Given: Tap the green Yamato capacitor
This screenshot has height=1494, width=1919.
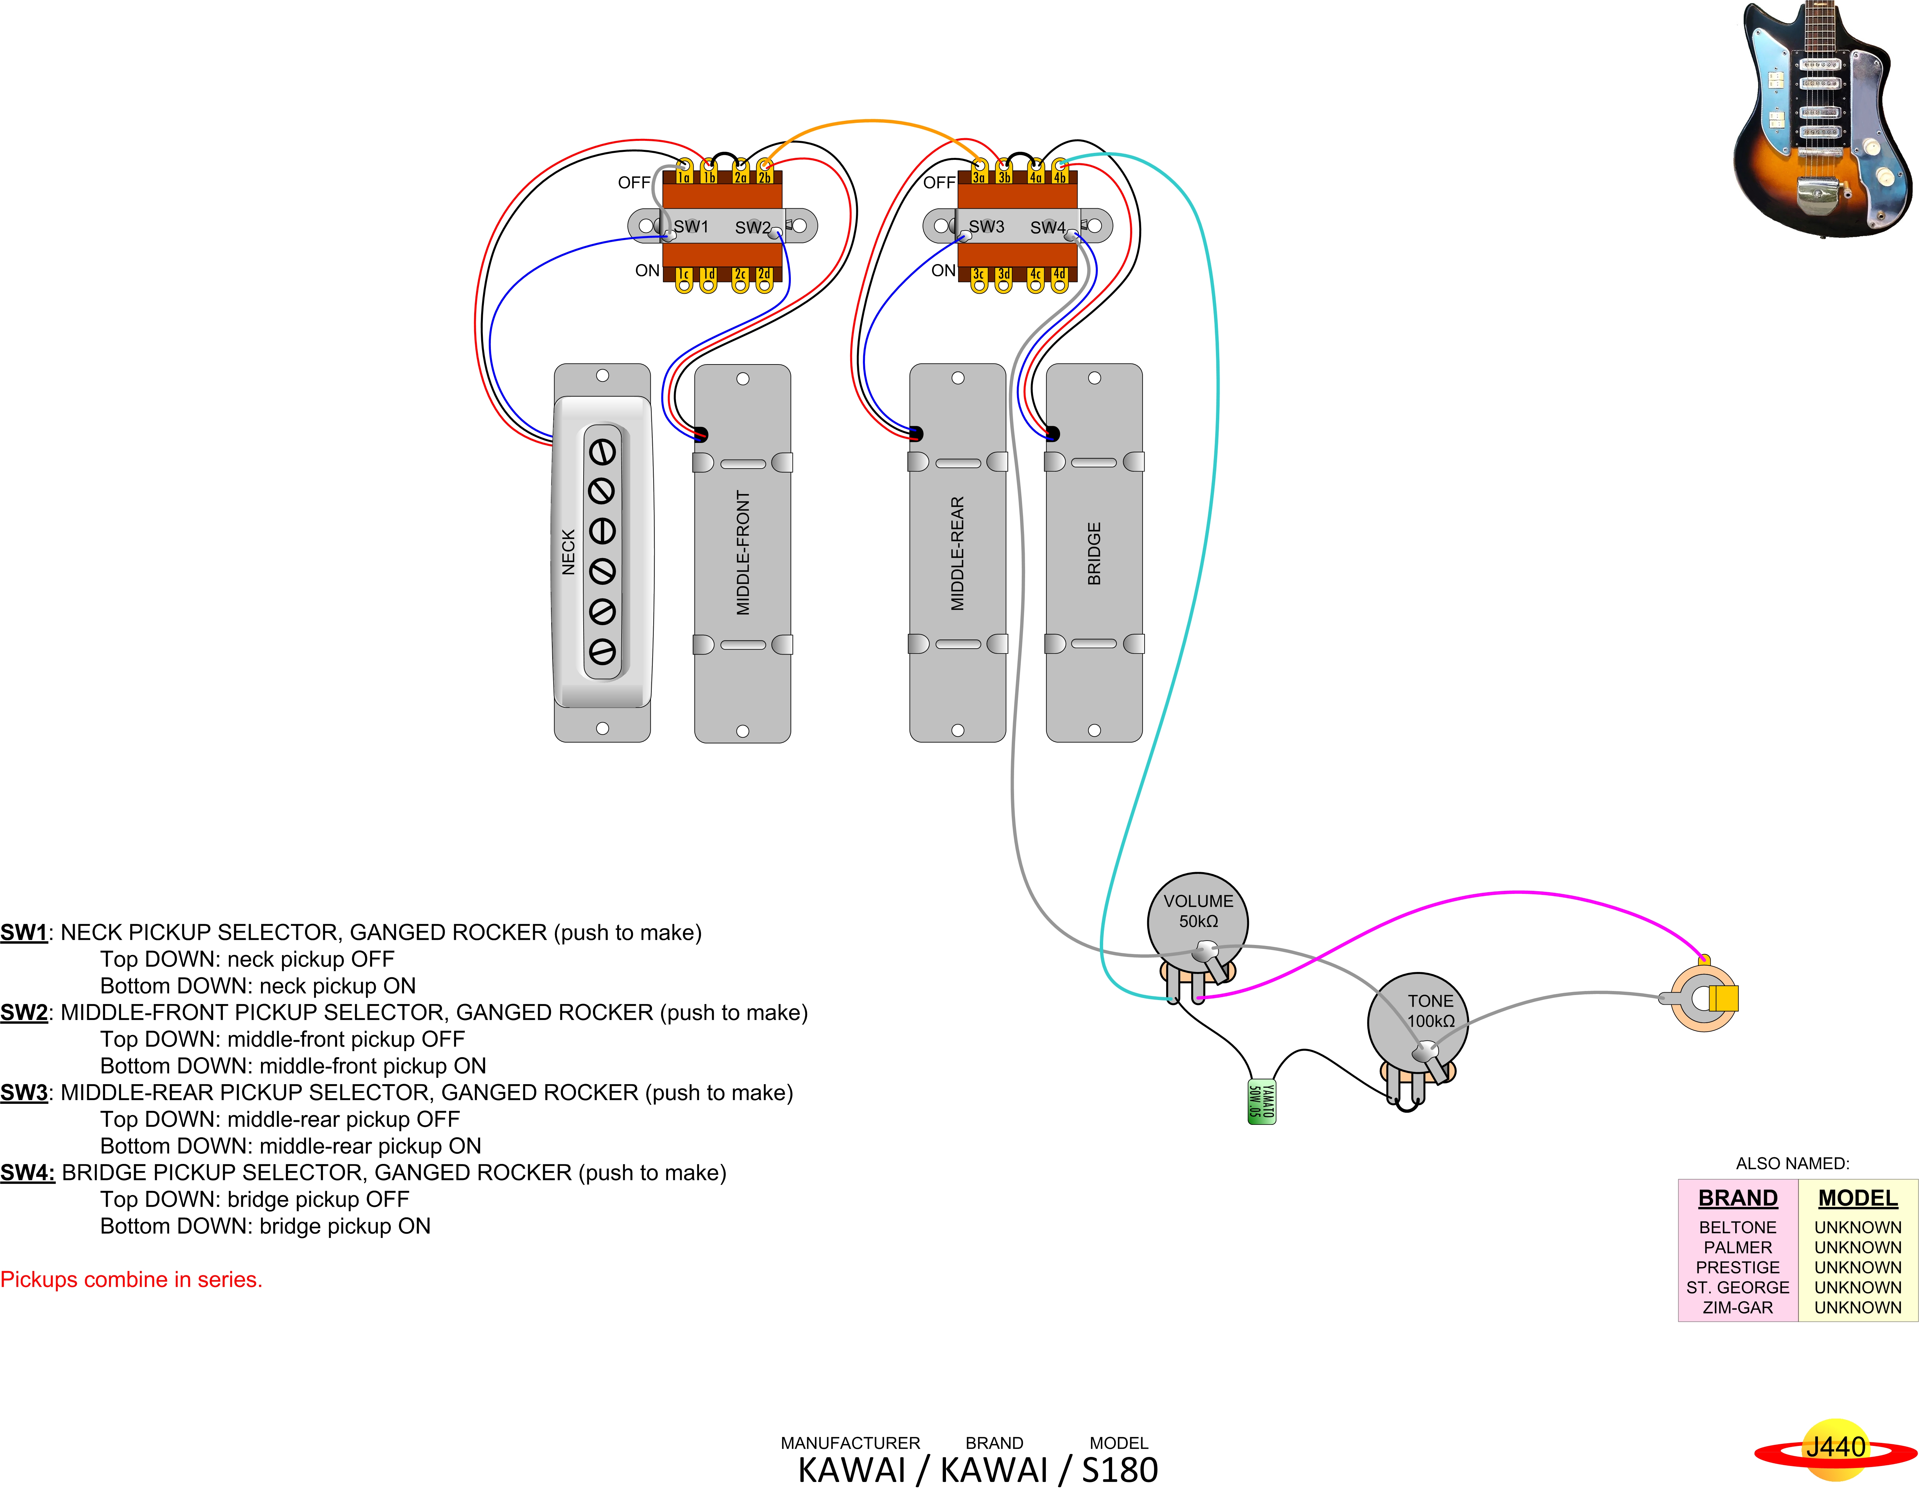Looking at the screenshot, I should (x=1262, y=1101).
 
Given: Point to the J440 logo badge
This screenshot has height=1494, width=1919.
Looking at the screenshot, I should (x=1835, y=1447).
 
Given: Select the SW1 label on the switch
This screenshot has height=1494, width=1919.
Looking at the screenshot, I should (x=691, y=227).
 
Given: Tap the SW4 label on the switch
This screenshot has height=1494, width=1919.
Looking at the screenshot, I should (x=1047, y=228).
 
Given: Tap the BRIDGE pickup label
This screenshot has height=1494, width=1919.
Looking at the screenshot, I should (x=1094, y=554).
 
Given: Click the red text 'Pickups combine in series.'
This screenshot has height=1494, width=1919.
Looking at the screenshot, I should (x=131, y=1280).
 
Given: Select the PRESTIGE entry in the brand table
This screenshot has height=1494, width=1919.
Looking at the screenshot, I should (x=1737, y=1267).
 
